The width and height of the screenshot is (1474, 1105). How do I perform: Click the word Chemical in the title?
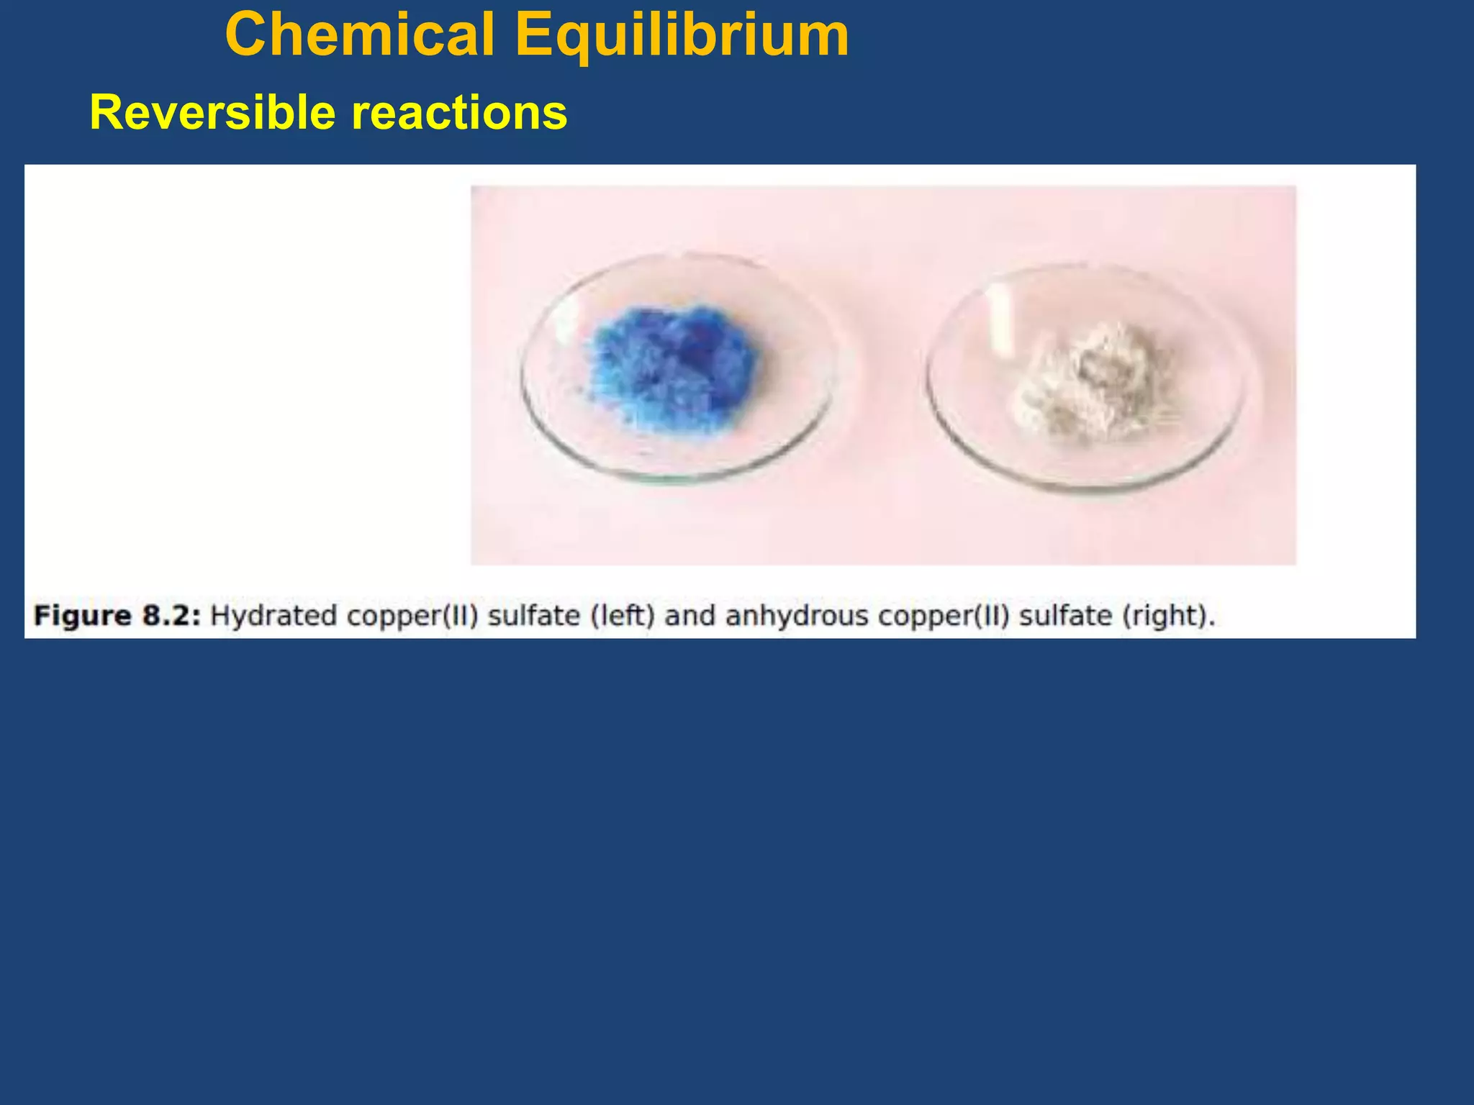tap(360, 35)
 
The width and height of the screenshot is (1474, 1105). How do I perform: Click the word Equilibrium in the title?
tap(682, 35)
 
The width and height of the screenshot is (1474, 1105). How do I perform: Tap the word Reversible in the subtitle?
tap(213, 113)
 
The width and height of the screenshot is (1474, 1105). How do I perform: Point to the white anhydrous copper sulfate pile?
tap(1090, 381)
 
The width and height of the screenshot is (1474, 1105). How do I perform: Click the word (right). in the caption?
tap(1169, 617)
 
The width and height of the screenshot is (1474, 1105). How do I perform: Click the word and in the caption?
tap(690, 617)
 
